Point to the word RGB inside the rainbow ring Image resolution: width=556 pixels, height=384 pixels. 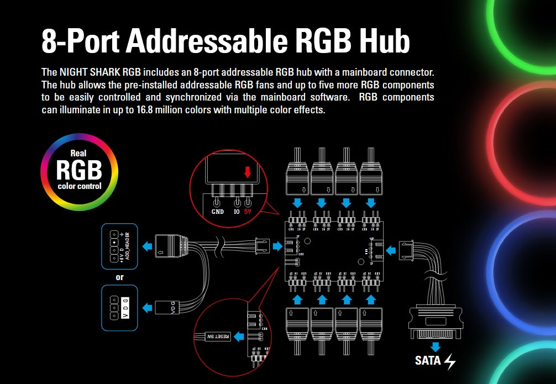point(79,170)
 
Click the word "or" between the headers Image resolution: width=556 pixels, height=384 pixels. point(119,276)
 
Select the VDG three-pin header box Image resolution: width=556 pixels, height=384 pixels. point(119,308)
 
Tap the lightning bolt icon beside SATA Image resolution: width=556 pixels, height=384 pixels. point(450,361)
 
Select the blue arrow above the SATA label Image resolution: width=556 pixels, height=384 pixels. point(436,347)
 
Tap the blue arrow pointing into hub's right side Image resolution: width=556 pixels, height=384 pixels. point(391,250)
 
